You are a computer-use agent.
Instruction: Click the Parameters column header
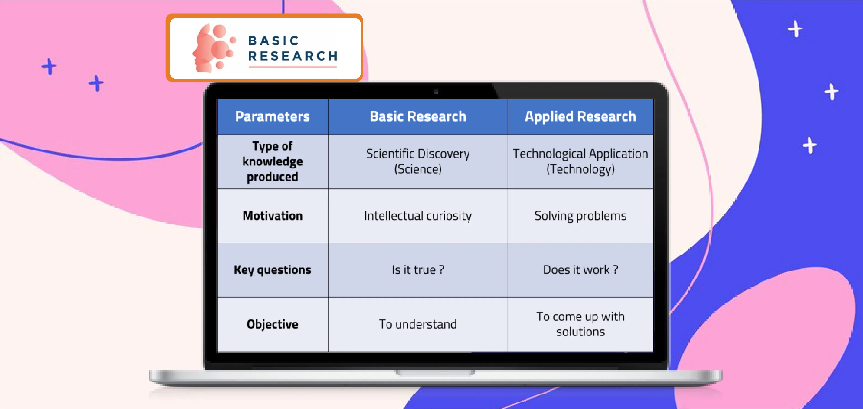(x=272, y=116)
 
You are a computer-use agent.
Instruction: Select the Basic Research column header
(x=418, y=116)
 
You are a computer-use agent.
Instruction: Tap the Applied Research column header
(x=580, y=116)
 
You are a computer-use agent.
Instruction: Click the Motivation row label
(x=272, y=216)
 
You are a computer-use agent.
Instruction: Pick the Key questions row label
(x=272, y=270)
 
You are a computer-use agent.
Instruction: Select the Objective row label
(x=272, y=324)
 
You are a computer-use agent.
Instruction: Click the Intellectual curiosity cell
(x=418, y=216)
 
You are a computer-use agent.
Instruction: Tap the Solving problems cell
(x=580, y=216)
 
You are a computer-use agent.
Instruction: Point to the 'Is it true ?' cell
(x=418, y=270)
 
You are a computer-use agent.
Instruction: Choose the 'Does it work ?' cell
(x=580, y=270)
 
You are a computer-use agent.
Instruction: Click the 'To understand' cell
(x=418, y=324)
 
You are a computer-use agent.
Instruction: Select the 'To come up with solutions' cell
(x=580, y=324)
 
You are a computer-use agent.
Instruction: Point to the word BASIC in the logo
(x=273, y=41)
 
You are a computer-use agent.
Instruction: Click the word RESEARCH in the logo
(x=293, y=56)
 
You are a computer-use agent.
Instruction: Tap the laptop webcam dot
(x=436, y=91)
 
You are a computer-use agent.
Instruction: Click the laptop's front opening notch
(x=435, y=373)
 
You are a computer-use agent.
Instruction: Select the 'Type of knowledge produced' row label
(x=272, y=162)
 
